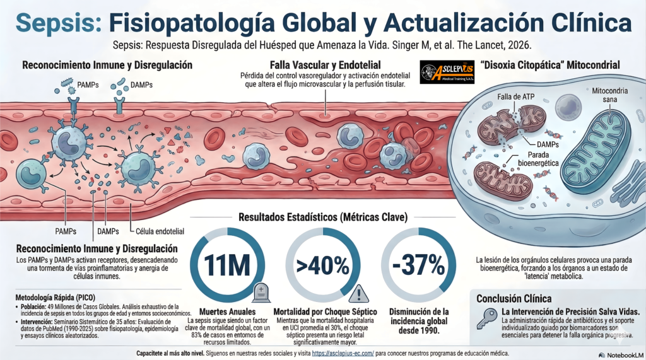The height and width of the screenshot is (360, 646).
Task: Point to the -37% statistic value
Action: [417, 264]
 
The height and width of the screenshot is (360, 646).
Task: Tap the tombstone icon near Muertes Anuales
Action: [261, 292]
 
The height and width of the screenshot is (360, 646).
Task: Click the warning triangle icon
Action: [356, 293]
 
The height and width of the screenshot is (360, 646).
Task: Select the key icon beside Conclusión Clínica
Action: [486, 321]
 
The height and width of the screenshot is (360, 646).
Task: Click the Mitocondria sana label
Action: [609, 95]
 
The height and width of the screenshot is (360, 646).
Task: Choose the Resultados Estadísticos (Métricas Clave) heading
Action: [323, 218]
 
